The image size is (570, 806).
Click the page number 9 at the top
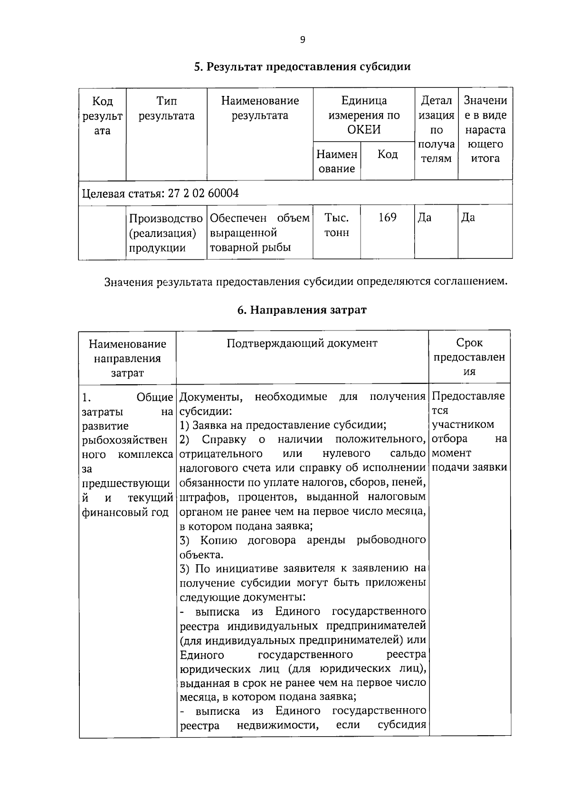point(303,40)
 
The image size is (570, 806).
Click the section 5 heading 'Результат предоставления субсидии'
point(302,66)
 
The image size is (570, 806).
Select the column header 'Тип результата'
point(166,108)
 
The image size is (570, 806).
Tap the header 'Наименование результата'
point(260,108)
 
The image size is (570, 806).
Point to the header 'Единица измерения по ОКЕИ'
point(364,115)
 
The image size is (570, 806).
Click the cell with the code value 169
point(387,218)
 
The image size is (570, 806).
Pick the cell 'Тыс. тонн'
point(336,225)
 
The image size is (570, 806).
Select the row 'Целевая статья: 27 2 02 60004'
point(161,193)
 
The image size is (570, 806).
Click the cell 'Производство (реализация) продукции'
point(166,233)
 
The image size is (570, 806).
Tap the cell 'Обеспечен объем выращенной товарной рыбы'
point(259,233)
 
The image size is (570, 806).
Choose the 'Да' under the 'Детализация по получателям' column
point(425,218)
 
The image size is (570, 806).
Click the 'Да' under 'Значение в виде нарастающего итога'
point(468,218)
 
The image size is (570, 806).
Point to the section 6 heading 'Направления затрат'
point(302,310)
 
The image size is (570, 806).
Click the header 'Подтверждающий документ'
point(302,343)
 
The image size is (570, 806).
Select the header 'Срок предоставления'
point(469,357)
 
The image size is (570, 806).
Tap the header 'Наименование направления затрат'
point(127,358)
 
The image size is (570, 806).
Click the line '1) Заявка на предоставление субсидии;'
point(283,425)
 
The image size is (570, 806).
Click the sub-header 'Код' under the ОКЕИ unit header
point(387,154)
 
